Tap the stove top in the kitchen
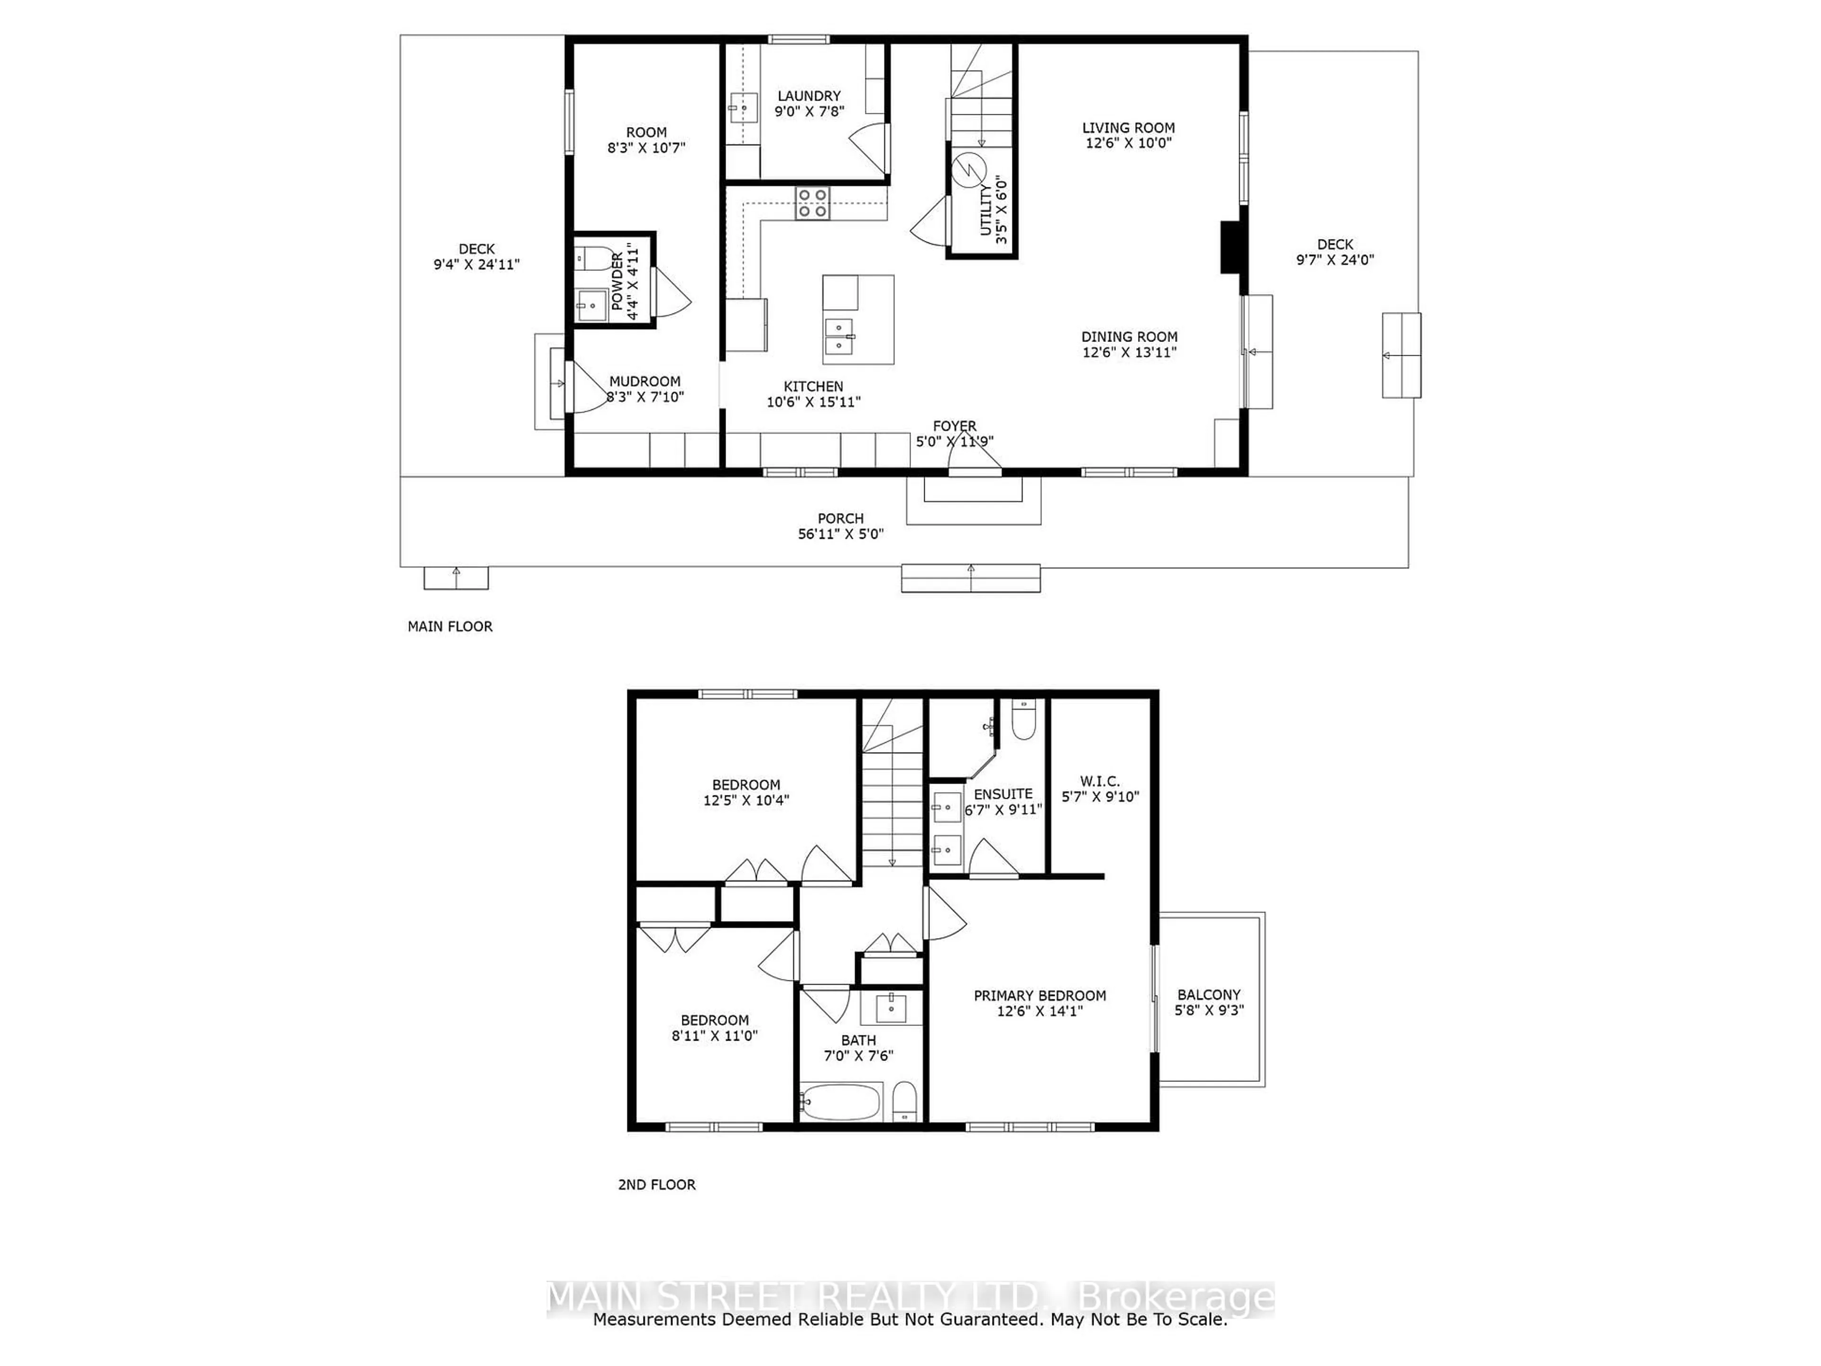tap(812, 203)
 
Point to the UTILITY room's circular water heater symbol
tap(968, 170)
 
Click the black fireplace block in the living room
tap(1230, 246)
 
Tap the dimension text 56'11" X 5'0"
tap(840, 534)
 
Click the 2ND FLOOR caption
tap(656, 1185)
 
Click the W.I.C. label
tap(1099, 781)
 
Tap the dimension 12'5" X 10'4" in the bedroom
tap(746, 800)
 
